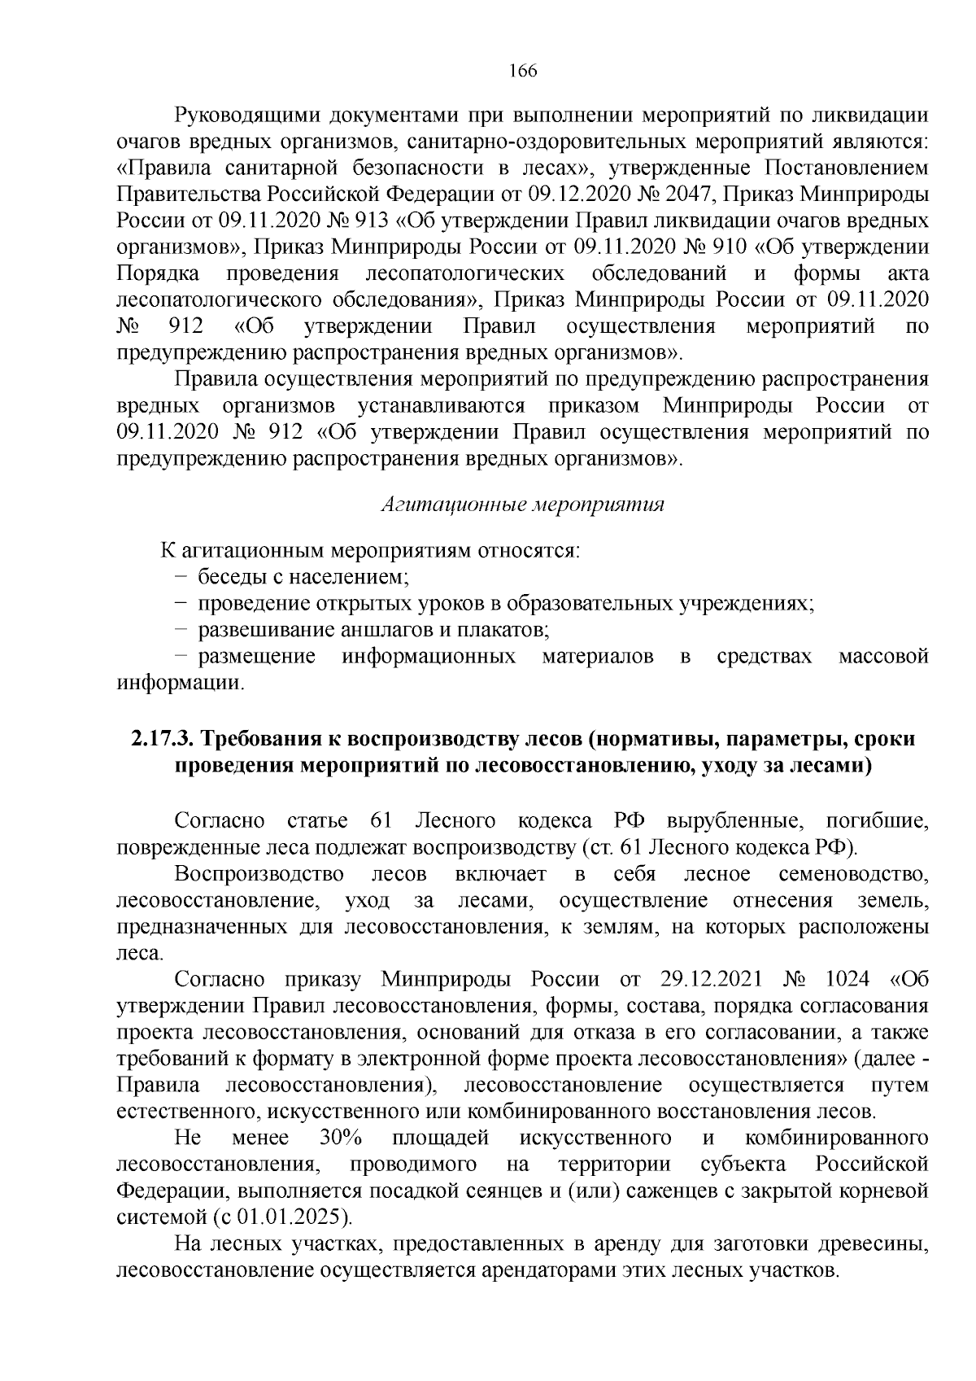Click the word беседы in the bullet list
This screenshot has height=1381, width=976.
click(229, 578)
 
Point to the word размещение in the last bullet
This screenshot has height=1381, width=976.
click(257, 657)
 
